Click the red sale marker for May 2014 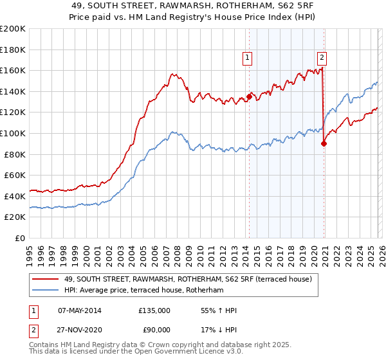249,97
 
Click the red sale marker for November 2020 324,144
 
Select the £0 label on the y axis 19,238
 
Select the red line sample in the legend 46,278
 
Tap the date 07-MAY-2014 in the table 79,310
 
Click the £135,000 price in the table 154,310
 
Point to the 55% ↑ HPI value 219,310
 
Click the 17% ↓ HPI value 219,329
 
